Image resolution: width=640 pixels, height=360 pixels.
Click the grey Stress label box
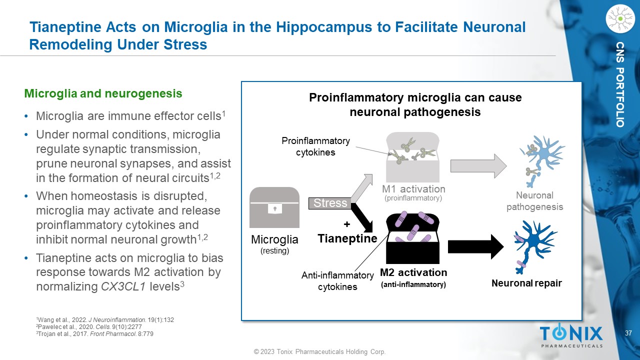tap(330, 203)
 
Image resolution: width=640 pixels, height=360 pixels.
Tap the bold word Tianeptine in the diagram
tap(347, 238)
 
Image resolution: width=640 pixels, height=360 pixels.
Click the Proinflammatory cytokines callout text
tap(315, 146)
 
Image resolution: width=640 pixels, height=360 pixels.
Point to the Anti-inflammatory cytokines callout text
tap(337, 281)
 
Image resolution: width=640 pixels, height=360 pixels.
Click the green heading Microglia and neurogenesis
tap(103, 93)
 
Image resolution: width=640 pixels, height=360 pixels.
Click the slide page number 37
tap(629, 333)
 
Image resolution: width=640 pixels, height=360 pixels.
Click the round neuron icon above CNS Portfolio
tap(619, 19)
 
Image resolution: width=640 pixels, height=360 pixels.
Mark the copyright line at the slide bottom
tap(319, 352)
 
